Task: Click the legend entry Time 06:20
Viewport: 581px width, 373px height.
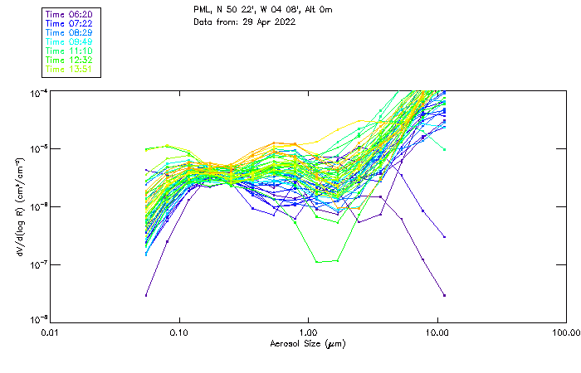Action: tap(70, 14)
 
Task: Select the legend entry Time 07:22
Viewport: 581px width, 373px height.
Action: tap(70, 23)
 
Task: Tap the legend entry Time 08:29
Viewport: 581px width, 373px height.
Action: tap(70, 32)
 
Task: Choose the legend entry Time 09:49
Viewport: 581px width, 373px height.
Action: tap(70, 41)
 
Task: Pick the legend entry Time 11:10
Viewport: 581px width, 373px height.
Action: tap(70, 51)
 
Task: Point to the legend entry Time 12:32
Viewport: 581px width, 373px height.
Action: tap(70, 60)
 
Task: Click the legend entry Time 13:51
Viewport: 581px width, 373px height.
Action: tap(70, 69)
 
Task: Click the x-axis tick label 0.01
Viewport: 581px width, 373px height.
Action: tap(51, 332)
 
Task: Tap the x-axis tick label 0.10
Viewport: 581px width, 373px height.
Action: tap(179, 332)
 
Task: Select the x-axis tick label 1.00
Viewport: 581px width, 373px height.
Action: tap(309, 332)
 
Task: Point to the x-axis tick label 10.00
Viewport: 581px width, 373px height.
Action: tap(437, 332)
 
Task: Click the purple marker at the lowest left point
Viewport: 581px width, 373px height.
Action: tap(147, 295)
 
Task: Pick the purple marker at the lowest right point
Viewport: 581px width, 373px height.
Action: tap(444, 295)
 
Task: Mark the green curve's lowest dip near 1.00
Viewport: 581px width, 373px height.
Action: tap(318, 262)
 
